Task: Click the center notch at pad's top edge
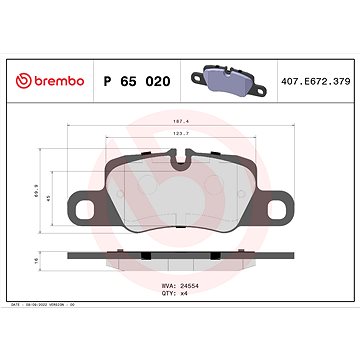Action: click(181, 157)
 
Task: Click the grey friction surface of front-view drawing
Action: click(180, 195)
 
